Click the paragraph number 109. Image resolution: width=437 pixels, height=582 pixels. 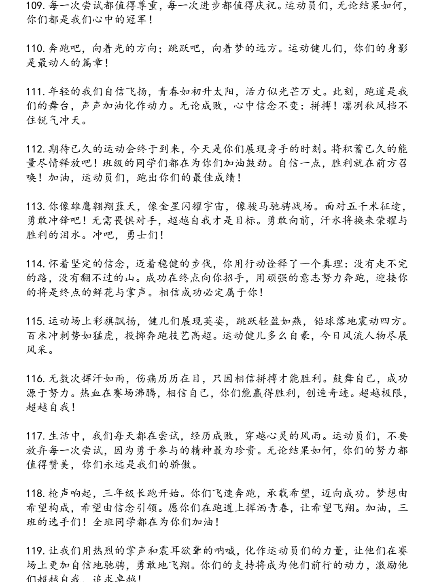click(x=35, y=6)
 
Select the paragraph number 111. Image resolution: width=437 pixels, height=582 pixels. click(x=35, y=92)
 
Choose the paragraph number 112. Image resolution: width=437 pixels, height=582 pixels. click(x=35, y=149)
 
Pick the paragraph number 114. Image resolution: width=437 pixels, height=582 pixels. click(x=35, y=264)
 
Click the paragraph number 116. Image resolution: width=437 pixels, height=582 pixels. click(x=35, y=379)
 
